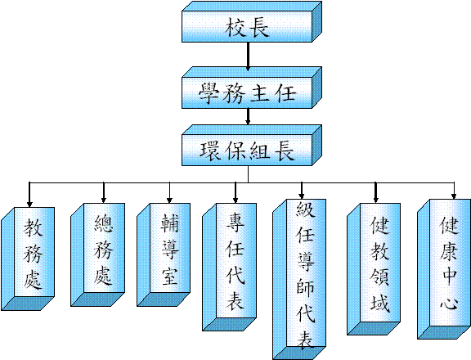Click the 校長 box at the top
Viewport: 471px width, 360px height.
[x=252, y=21]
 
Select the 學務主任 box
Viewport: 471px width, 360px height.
[x=252, y=88]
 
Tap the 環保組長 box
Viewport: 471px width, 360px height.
[x=252, y=145]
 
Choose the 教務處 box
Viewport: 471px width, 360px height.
[x=28, y=259]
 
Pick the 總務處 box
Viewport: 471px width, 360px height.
[x=98, y=254]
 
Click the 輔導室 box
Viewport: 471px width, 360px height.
[x=164, y=254]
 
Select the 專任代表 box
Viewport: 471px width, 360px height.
[x=230, y=267]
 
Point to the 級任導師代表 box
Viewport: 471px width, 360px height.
[x=299, y=279]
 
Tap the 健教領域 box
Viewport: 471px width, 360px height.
[x=374, y=269]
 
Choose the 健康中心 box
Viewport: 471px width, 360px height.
[x=444, y=269]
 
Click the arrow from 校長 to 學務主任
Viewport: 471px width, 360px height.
[x=248, y=56]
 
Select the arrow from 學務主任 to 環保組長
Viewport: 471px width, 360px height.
[x=248, y=116]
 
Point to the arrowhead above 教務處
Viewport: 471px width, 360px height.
[x=29, y=204]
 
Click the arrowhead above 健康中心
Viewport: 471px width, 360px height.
[x=454, y=196]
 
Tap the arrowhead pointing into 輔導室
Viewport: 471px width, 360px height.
[x=169, y=200]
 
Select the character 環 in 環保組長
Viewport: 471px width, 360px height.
[x=210, y=151]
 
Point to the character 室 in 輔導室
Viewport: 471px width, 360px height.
[x=170, y=276]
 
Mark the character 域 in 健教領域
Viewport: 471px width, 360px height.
[x=380, y=302]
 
